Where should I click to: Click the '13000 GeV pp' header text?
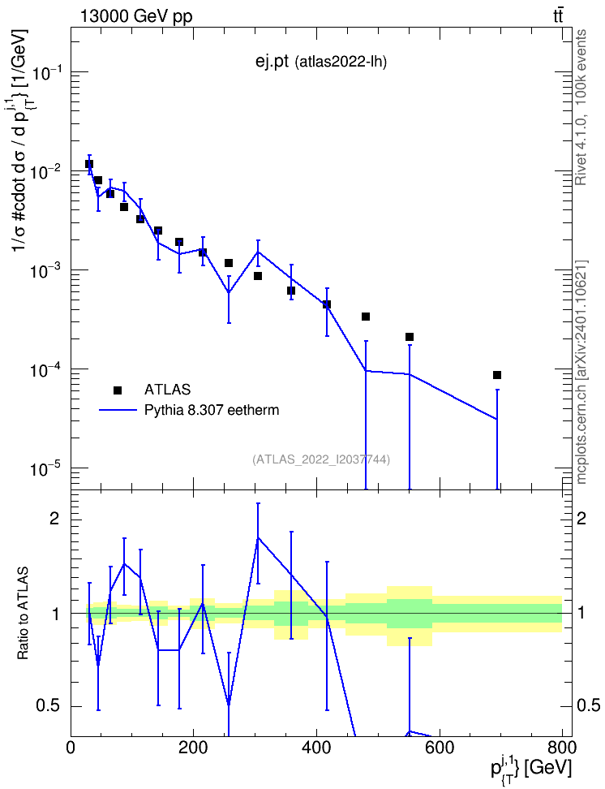(136, 16)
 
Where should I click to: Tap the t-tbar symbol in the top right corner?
(558, 16)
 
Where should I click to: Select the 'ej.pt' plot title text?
(272, 62)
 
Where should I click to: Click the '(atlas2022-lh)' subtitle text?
(341, 63)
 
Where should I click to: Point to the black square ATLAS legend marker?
(118, 390)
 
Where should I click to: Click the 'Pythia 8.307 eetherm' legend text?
(212, 410)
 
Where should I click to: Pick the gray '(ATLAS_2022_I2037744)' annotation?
(321, 459)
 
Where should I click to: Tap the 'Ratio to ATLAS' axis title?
(23, 614)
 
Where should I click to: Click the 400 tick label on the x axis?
(316, 748)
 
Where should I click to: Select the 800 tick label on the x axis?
(562, 748)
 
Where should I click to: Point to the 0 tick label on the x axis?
(71, 748)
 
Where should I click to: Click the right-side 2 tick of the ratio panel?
(581, 519)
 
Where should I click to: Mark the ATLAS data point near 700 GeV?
(497, 375)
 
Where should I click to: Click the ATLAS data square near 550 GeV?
(410, 337)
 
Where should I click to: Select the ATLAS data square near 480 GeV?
(366, 317)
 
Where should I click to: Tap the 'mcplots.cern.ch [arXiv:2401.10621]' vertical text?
(581, 373)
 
